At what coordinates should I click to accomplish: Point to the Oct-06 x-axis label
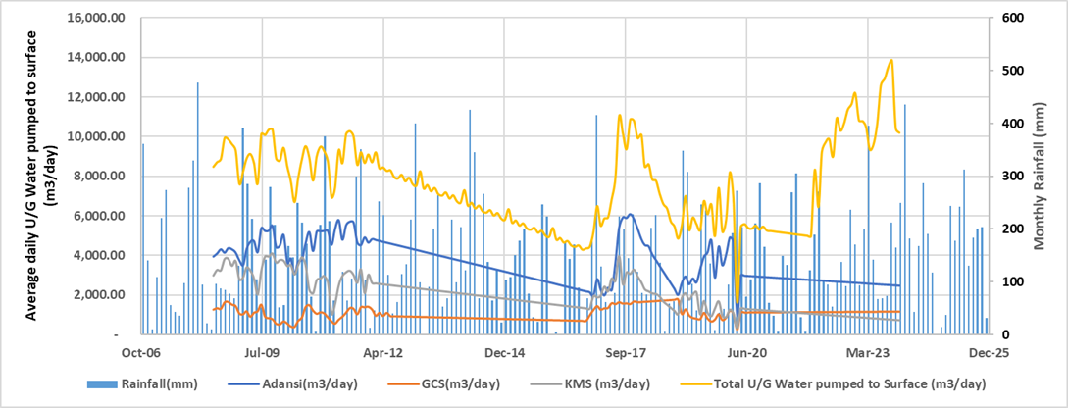point(141,351)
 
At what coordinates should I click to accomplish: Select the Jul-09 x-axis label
point(262,351)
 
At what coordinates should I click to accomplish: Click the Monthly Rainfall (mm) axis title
point(1043,176)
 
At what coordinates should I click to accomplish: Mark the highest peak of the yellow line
point(891,60)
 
